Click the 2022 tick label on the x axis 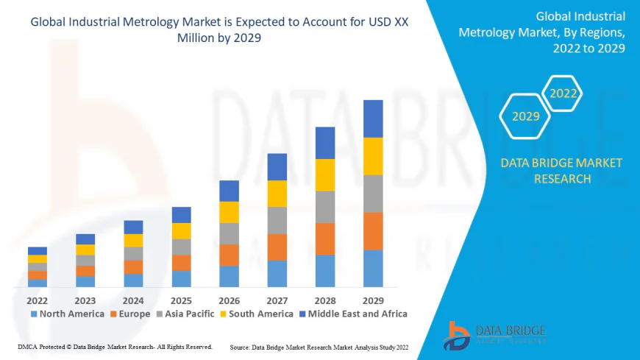pos(38,300)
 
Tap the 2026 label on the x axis pos(229,300)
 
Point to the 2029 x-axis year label pos(373,300)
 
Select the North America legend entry pos(67,314)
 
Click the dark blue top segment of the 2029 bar pos(373,119)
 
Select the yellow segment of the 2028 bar pos(325,174)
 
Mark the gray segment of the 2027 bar pos(277,220)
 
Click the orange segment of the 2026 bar pos(229,255)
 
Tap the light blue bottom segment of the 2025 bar pos(181,278)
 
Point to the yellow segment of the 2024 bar pos(133,240)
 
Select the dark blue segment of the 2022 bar pos(38,250)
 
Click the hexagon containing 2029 pos(525,116)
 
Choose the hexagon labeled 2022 pos(563,93)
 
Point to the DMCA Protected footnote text pos(114,346)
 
